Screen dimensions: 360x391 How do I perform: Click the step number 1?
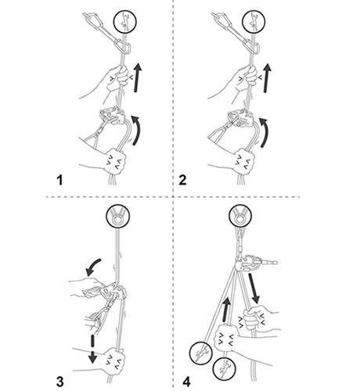60,181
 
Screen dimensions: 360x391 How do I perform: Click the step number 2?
182,181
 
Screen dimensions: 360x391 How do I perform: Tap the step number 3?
59,382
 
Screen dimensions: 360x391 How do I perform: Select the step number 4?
186,382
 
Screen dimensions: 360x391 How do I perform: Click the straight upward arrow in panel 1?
137,77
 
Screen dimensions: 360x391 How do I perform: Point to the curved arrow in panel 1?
136,130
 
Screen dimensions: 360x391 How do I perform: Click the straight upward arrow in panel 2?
266,78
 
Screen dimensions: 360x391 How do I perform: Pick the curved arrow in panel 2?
265,132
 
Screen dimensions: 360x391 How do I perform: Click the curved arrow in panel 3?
92,267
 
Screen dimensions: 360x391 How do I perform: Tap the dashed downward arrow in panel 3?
92,349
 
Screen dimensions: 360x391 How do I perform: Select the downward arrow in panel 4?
254,289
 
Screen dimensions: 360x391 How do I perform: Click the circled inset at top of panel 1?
125,22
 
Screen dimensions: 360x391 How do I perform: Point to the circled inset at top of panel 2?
254,22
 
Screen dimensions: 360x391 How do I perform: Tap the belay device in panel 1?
112,115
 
